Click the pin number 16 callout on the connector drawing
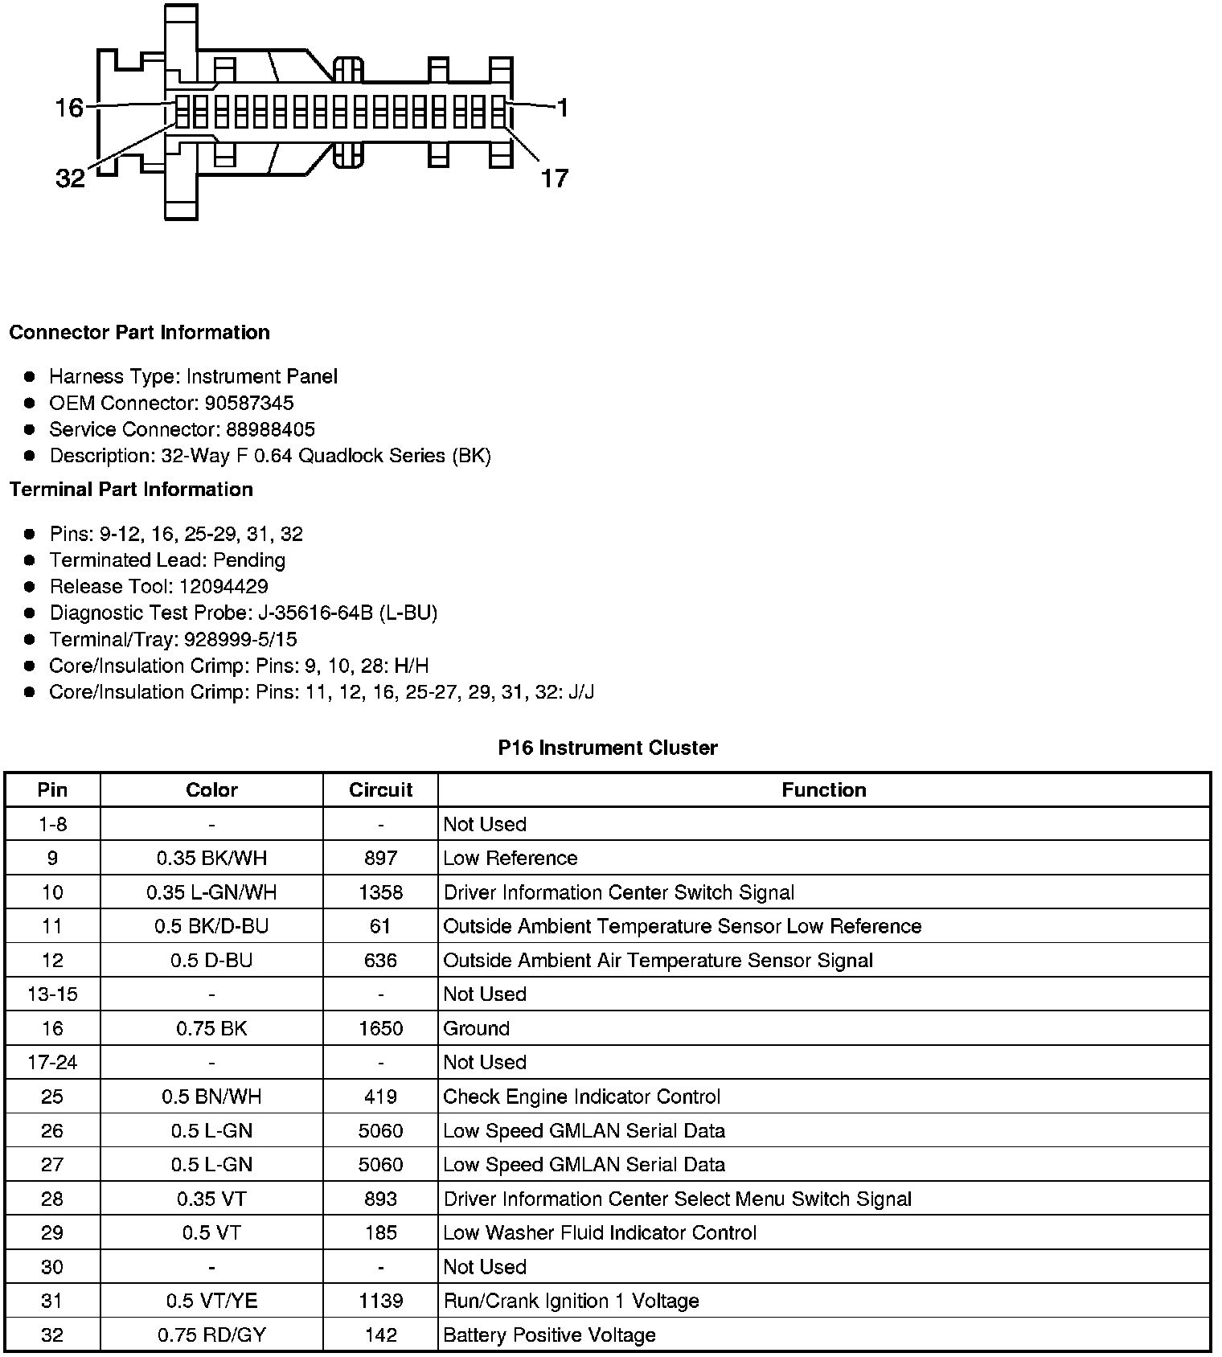click(x=69, y=107)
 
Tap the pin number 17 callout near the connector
click(x=554, y=178)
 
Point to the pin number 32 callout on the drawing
click(x=70, y=178)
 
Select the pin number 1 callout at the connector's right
click(x=562, y=107)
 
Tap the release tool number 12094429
click(x=223, y=586)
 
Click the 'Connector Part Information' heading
click(x=139, y=333)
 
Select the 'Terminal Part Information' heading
click(x=131, y=490)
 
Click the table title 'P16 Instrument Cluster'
click(x=608, y=748)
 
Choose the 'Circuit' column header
click(x=380, y=790)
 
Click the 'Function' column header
click(x=824, y=790)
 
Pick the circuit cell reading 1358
click(x=380, y=892)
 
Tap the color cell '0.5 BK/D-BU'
click(x=211, y=926)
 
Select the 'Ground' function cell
click(x=477, y=1028)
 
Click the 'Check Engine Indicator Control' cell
click(x=581, y=1097)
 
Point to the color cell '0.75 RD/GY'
click(x=211, y=1335)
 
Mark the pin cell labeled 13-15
click(x=52, y=994)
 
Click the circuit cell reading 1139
click(x=380, y=1301)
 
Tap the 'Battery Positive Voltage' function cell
click(x=549, y=1335)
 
